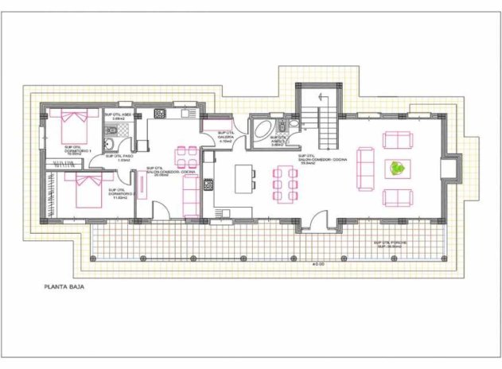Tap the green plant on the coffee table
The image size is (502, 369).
click(x=396, y=169)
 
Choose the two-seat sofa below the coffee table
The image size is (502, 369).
click(x=396, y=197)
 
